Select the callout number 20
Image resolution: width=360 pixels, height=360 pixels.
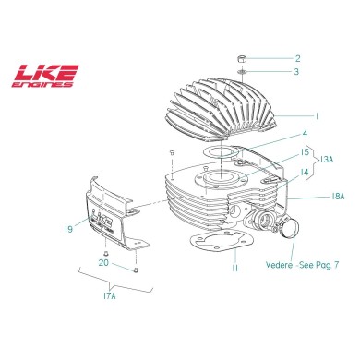[x=103, y=262]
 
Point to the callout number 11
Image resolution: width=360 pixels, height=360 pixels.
[x=234, y=268]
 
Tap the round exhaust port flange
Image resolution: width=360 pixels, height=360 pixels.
[x=288, y=229]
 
